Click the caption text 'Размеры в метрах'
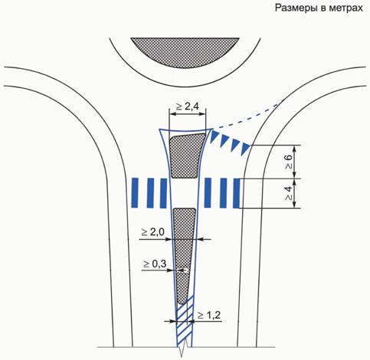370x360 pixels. coord(319,8)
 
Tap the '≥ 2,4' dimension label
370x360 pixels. coord(188,106)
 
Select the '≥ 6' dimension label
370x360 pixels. coord(289,162)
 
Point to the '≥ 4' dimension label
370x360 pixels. coord(289,193)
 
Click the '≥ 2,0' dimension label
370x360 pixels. coord(153,232)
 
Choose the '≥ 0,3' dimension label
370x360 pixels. coord(155,263)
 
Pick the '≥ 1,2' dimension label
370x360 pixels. coord(209,316)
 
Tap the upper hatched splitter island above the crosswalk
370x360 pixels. coord(187,155)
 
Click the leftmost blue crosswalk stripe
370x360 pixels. coord(135,193)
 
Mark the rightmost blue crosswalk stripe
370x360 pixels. coord(237,193)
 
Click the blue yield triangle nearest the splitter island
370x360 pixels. coord(214,136)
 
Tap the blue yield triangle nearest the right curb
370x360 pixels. coord(246,149)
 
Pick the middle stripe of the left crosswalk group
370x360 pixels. coord(150,193)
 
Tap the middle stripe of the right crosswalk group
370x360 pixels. coord(224,193)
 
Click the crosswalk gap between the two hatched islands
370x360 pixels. coord(185,193)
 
